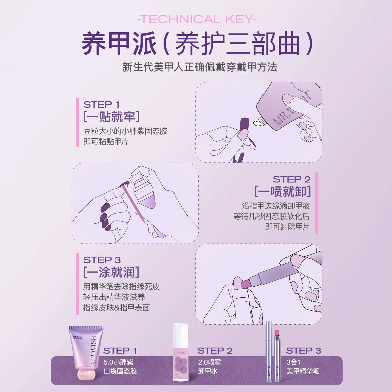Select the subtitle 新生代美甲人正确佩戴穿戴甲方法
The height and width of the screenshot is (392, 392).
pyautogui.click(x=200, y=67)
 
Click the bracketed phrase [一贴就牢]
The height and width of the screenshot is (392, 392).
pyautogui.click(x=111, y=117)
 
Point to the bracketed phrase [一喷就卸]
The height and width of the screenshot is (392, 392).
pyautogui.click(x=283, y=192)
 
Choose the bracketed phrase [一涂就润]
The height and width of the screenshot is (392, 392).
pyautogui.click(x=111, y=272)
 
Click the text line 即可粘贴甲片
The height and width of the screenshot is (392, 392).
pyautogui.click(x=106, y=142)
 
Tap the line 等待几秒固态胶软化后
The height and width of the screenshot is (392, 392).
pyautogui.click(x=272, y=216)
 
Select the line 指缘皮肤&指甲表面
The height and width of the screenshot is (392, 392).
pyautogui.click(x=117, y=308)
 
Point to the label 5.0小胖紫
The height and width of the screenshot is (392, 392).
pyautogui.click(x=118, y=362)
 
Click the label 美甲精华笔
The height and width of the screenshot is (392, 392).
pyautogui.click(x=303, y=371)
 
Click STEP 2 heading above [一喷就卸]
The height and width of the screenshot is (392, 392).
pyautogui.click(x=291, y=180)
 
